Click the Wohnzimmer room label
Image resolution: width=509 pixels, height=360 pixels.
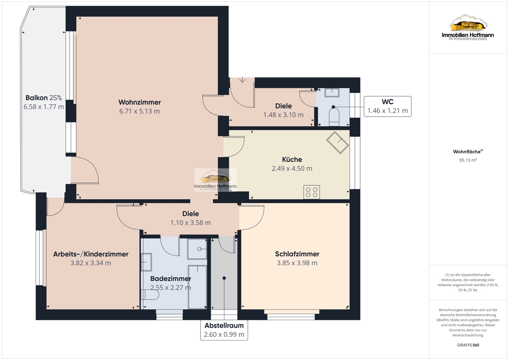(140, 102)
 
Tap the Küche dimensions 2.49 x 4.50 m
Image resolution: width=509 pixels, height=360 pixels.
(292, 169)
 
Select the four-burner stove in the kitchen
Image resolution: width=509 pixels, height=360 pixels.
(311, 192)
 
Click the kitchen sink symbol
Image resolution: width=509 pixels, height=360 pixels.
(338, 143)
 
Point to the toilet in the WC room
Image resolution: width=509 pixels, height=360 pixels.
(334, 117)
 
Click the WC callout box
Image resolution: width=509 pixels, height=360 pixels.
(387, 107)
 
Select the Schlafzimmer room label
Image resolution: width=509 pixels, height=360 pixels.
(297, 254)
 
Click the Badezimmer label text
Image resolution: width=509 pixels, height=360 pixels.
(171, 278)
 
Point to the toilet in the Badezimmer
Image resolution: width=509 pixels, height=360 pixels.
(150, 295)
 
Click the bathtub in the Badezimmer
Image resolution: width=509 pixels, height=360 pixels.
(197, 287)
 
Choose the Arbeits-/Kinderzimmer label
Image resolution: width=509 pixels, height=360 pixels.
(91, 254)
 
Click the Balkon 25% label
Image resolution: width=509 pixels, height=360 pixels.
(44, 98)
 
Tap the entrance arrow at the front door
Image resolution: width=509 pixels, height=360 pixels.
(242, 79)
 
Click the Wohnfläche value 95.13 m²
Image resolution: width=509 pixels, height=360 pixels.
(468, 160)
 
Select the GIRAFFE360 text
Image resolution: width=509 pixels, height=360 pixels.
(468, 345)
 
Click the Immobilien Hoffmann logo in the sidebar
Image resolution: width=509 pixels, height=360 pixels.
(468, 27)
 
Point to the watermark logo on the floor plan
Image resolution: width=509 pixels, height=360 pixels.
(215, 180)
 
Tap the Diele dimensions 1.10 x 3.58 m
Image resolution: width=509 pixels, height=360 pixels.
(190, 222)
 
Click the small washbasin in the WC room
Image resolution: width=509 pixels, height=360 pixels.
(332, 93)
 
